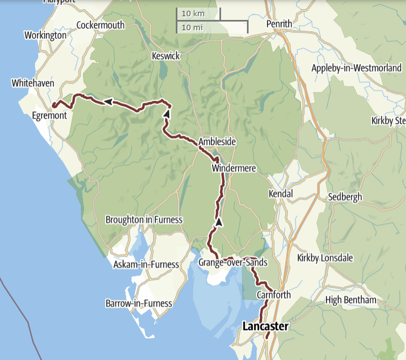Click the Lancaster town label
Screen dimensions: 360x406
pyautogui.click(x=265, y=327)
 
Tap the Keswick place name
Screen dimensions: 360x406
pyautogui.click(x=166, y=56)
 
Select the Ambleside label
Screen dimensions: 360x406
pyautogui.click(x=217, y=142)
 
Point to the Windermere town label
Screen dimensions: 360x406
pyautogui.click(x=233, y=169)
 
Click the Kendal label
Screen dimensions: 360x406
pyautogui.click(x=280, y=193)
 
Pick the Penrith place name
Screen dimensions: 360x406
pyautogui.click(x=279, y=24)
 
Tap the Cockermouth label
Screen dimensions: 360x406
pyautogui.click(x=100, y=25)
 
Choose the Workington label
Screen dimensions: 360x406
pyautogui.click(x=45, y=35)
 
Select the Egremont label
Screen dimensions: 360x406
pyautogui.click(x=49, y=116)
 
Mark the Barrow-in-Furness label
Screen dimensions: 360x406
pyautogui.click(x=139, y=303)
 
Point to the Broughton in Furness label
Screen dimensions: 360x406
pyautogui.click(x=144, y=220)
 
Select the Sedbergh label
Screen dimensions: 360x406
pyautogui.click(x=345, y=197)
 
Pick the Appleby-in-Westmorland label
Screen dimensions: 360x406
pyautogui.click(x=356, y=68)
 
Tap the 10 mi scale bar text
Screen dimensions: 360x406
pyautogui.click(x=192, y=26)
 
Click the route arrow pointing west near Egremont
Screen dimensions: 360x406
pyautogui.click(x=108, y=101)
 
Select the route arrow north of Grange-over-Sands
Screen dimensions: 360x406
pyautogui.click(x=219, y=221)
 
